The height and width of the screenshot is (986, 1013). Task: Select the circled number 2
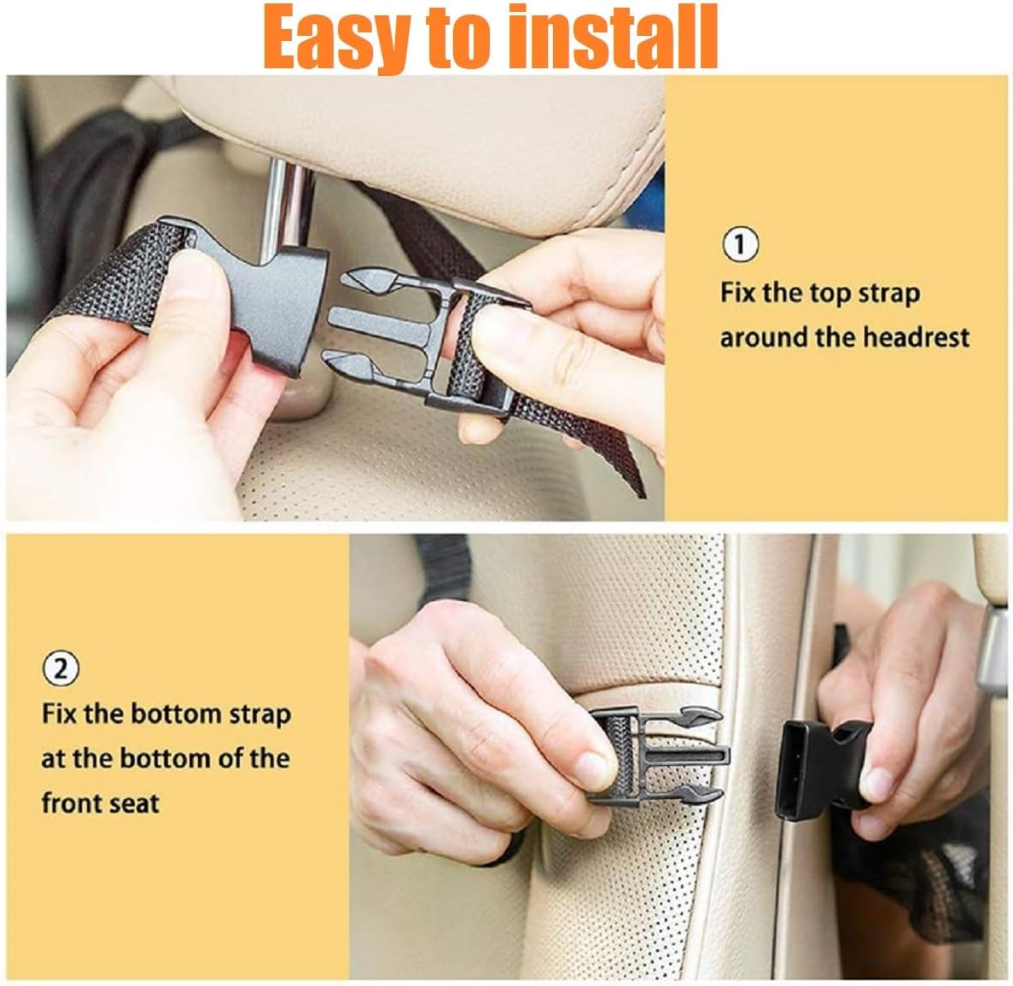point(60,668)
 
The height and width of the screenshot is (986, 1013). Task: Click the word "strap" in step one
point(887,293)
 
